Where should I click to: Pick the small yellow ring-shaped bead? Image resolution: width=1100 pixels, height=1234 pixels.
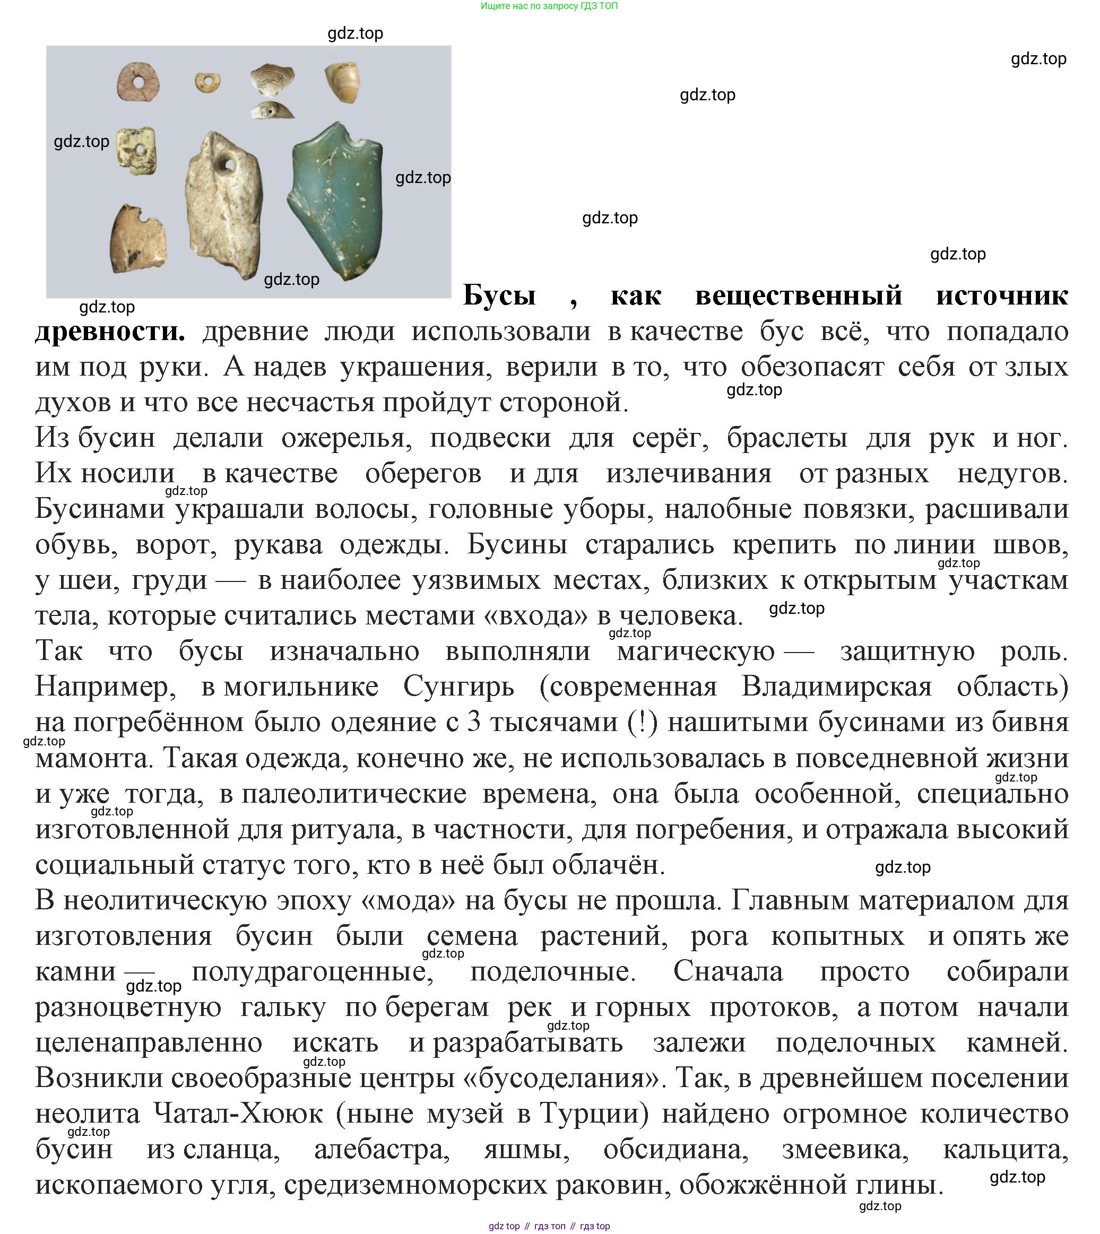tap(207, 82)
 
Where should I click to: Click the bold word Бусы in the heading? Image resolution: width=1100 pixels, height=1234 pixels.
tap(499, 296)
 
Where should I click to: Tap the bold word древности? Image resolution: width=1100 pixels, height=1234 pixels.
tap(110, 331)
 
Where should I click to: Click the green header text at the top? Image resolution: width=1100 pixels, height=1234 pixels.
tap(549, 6)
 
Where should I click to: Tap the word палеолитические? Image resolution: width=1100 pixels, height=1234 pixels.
tap(354, 794)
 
